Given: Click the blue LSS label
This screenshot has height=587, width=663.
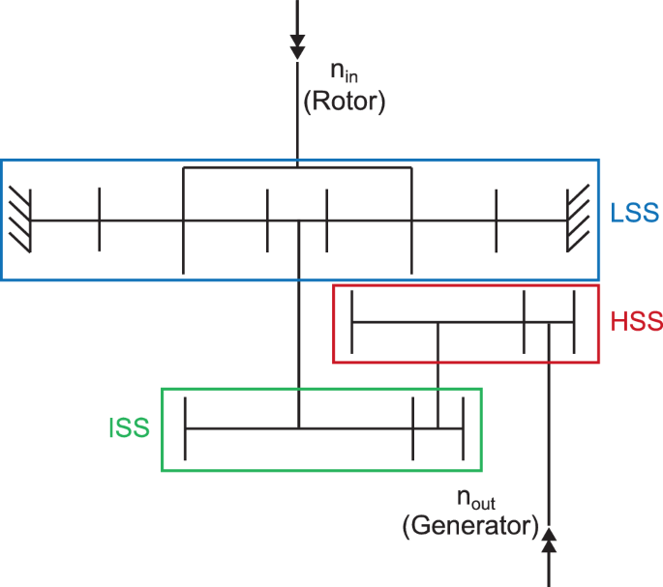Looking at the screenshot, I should click(x=634, y=212).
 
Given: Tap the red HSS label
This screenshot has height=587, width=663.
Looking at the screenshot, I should click(x=637, y=322).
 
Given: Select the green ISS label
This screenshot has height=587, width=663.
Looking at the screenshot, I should click(x=129, y=427).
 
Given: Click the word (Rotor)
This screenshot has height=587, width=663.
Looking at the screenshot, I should click(x=344, y=102).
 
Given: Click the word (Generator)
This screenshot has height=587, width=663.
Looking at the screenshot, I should click(x=469, y=526).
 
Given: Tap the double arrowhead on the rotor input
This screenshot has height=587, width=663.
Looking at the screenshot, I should click(x=297, y=46).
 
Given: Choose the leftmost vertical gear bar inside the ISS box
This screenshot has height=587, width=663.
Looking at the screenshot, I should click(x=185, y=427).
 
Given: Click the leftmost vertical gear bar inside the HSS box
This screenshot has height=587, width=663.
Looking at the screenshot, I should click(x=351, y=322).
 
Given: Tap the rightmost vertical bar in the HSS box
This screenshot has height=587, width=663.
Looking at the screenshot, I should click(x=575, y=322).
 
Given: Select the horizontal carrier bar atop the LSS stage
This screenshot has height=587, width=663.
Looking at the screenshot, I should click(x=297, y=167).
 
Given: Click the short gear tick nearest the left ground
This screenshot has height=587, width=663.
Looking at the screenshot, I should click(x=99, y=220).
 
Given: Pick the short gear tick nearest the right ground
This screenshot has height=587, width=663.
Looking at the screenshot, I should click(x=497, y=220).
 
